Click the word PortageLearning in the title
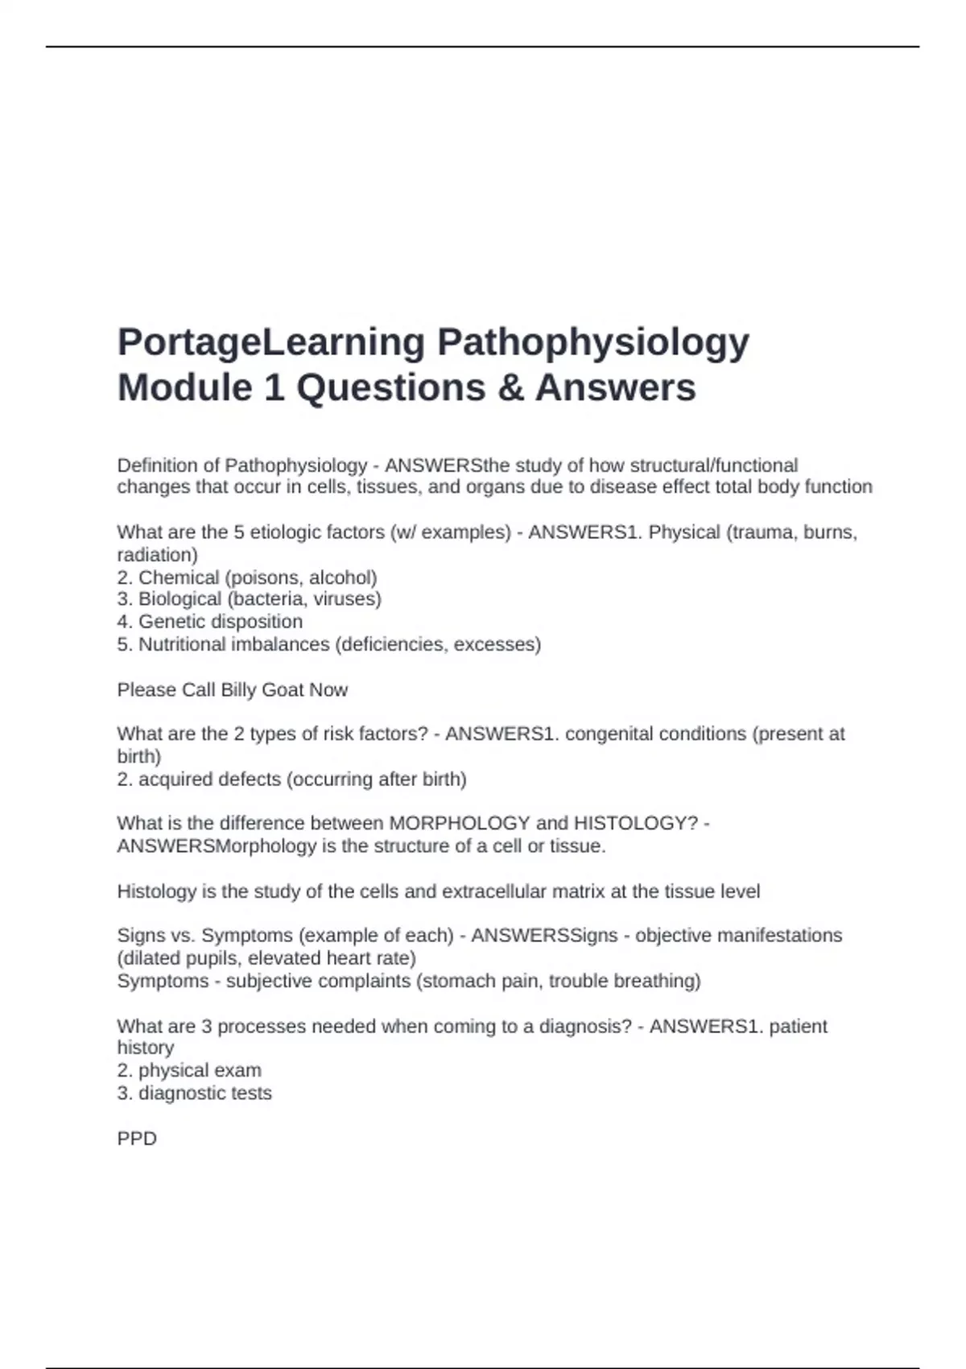click(270, 342)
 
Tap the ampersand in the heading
click(510, 387)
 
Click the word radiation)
click(157, 555)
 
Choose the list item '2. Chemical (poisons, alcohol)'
click(247, 577)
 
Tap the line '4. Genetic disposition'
click(210, 622)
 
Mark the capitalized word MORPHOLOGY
click(459, 823)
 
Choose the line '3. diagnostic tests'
click(194, 1094)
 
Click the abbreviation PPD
click(137, 1139)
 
